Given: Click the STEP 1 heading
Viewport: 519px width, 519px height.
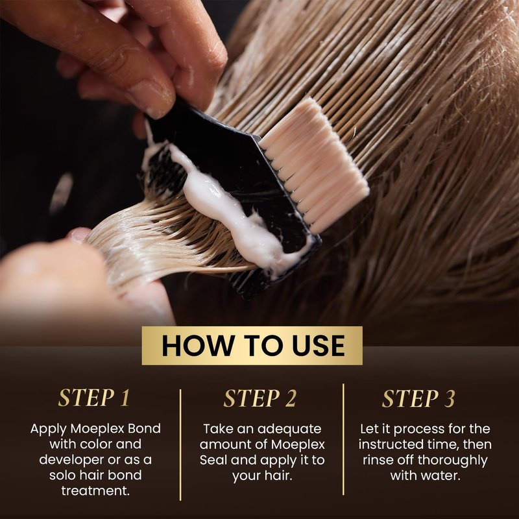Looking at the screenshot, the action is pyautogui.click(x=94, y=398).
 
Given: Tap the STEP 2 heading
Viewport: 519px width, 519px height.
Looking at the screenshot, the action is pyautogui.click(x=260, y=398).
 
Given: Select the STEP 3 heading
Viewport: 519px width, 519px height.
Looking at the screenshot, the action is pyautogui.click(x=418, y=398).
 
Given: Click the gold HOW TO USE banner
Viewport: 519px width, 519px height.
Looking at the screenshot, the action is pyautogui.click(x=252, y=346).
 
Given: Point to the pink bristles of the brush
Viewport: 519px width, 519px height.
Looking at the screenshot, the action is pyautogui.click(x=315, y=165).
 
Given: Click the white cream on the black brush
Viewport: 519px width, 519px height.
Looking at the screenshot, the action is pyautogui.click(x=228, y=208).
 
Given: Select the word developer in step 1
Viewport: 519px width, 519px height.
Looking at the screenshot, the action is pyautogui.click(x=71, y=460).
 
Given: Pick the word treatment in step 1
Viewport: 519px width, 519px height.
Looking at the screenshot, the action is pyautogui.click(x=95, y=491).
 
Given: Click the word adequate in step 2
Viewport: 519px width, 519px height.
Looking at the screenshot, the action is pyautogui.click(x=289, y=429).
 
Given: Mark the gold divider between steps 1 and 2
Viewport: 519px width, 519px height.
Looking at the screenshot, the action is pyautogui.click(x=180, y=445).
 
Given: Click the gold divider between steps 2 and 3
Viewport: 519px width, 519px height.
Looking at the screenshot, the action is pyautogui.click(x=344, y=440).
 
